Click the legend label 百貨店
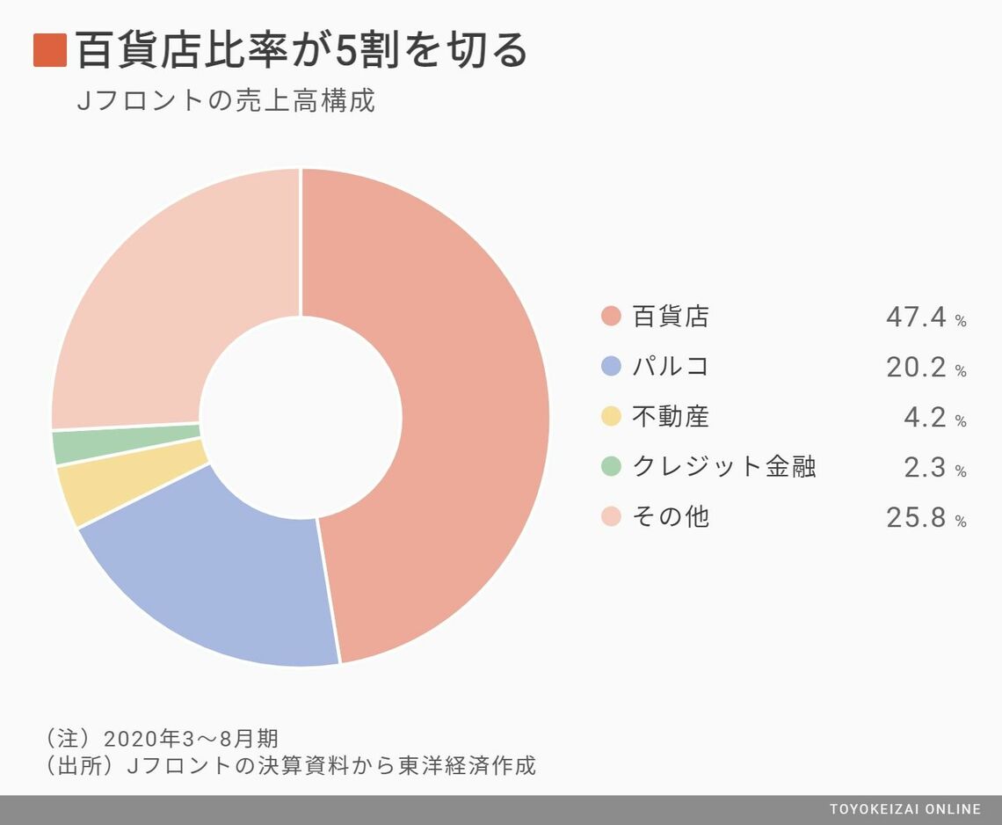671,317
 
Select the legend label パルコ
671,367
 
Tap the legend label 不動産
671,417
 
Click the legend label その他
671,517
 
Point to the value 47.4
916,317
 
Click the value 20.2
916,367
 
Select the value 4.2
926,417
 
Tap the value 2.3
926,467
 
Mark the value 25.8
916,517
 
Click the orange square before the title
50,50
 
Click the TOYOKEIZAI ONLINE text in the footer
905,809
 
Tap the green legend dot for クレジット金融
611,467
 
